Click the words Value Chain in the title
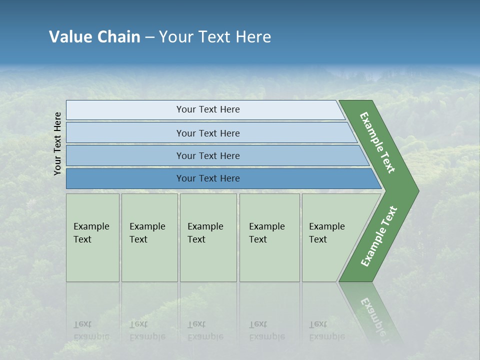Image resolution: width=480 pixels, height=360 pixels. (x=94, y=36)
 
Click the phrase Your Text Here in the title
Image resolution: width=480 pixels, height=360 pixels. (x=215, y=36)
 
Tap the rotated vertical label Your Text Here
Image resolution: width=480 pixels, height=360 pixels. (x=57, y=143)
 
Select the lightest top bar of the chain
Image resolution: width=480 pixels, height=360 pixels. (x=207, y=109)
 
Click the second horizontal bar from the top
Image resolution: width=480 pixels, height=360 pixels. (x=207, y=133)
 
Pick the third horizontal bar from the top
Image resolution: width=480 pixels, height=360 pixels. (x=207, y=155)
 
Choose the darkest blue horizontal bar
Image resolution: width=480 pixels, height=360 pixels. (x=207, y=178)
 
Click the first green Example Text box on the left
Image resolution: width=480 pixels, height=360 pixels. (x=92, y=237)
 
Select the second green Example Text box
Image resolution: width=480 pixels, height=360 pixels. (x=149, y=237)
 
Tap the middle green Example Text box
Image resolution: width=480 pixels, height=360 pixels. (x=208, y=237)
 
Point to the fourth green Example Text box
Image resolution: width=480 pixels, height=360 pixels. (x=269, y=237)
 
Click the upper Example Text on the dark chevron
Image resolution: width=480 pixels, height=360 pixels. (x=377, y=142)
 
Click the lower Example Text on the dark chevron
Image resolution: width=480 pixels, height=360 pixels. (x=379, y=236)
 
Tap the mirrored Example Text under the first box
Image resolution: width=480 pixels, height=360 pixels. (x=91, y=330)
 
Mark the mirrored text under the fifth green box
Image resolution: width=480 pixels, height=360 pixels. (x=326, y=330)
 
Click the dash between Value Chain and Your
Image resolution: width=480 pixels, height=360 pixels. (x=149, y=37)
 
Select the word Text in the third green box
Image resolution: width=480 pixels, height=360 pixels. (x=196, y=239)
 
